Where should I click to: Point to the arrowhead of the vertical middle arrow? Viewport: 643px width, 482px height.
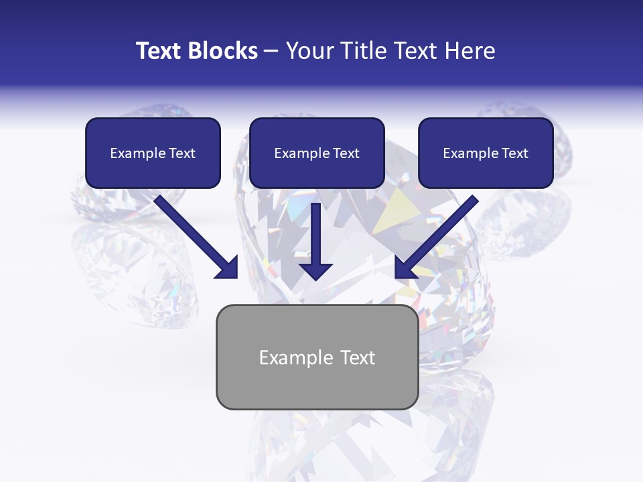315,271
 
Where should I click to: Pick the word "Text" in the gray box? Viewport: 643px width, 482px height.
357,357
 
